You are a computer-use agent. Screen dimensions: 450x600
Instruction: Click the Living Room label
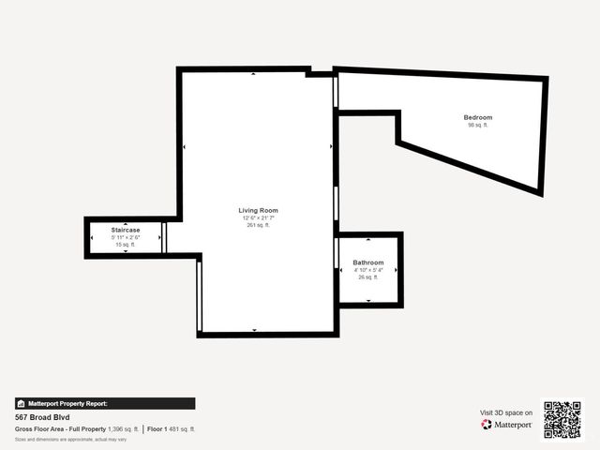(x=258, y=210)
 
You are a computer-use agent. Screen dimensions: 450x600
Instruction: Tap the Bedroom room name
(x=477, y=117)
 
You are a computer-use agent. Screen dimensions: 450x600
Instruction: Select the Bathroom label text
(x=367, y=262)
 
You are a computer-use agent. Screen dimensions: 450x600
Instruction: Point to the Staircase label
(x=126, y=230)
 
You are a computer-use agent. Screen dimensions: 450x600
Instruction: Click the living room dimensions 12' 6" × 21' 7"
(x=258, y=217)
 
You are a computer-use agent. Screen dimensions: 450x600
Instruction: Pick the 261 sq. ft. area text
(x=258, y=225)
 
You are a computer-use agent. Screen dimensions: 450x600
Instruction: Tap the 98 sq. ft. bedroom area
(x=477, y=125)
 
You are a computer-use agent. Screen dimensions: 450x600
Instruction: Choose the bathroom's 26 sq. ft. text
(x=367, y=277)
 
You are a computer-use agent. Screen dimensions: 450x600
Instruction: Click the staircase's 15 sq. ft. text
(x=126, y=245)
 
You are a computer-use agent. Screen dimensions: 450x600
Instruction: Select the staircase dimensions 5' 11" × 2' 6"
(x=126, y=237)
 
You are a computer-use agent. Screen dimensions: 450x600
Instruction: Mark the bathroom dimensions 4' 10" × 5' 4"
(x=367, y=270)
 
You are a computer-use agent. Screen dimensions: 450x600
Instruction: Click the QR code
(x=562, y=420)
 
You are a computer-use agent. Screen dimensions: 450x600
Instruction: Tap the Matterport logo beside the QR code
(x=507, y=425)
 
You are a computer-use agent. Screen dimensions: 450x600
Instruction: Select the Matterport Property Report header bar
(x=105, y=403)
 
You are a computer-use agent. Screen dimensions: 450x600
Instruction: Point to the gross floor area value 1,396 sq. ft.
(x=123, y=428)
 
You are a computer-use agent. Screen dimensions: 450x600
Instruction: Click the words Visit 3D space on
(x=506, y=412)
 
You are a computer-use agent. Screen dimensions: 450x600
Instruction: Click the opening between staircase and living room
(x=165, y=237)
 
